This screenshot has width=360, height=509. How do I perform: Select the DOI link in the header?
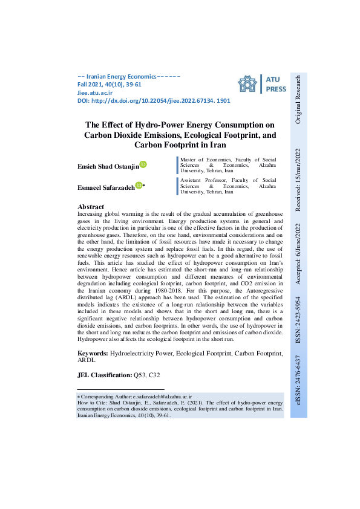(154, 101)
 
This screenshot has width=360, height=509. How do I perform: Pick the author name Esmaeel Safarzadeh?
(106, 187)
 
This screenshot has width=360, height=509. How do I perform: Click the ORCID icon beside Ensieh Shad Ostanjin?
(143, 164)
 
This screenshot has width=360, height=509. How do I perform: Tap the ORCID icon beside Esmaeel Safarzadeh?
(139, 186)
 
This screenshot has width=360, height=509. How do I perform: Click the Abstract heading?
(91, 207)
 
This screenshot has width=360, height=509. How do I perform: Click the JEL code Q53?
(140, 375)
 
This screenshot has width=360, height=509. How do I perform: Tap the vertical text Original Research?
(298, 100)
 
